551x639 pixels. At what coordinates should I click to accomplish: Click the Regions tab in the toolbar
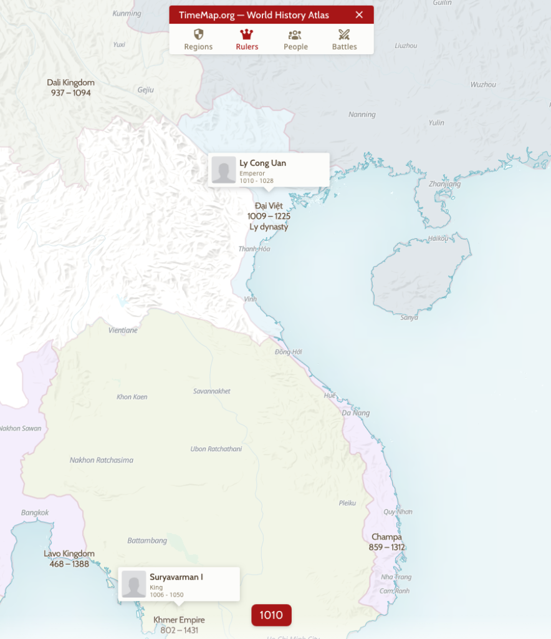(198, 39)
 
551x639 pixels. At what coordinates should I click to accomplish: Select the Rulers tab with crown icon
(247, 39)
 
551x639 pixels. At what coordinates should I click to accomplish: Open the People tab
(295, 39)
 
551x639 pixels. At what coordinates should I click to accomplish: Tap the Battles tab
(344, 39)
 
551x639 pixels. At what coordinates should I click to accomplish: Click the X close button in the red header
(359, 15)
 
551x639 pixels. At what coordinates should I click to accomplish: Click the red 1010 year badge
(271, 615)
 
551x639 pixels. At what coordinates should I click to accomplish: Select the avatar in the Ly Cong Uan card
(224, 170)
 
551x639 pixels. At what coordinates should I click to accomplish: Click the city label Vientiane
(123, 330)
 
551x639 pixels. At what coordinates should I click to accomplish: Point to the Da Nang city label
(355, 413)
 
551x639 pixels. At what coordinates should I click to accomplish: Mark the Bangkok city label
(35, 513)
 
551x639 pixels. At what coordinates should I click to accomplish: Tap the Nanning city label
(362, 115)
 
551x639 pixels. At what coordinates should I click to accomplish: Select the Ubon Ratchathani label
(216, 449)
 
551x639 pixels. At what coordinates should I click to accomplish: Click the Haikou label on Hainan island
(439, 238)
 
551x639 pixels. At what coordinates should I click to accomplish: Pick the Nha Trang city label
(396, 577)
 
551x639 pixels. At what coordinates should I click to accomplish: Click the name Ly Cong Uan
(262, 163)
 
